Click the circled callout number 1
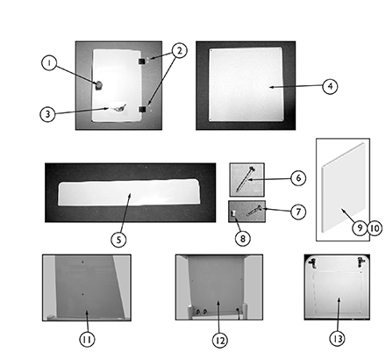coord(49,63)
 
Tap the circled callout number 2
coord(179,50)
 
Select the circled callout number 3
coord(47,114)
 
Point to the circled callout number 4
coord(330,86)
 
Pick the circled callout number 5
coord(118,240)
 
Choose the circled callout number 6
coord(298,177)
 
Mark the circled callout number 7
coord(298,212)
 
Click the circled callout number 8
coord(243,239)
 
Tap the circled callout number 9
coord(360,227)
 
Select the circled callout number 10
coord(375,227)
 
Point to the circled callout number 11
coord(87,339)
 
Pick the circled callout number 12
coord(219,340)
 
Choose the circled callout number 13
coord(337,339)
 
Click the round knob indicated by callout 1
coord(99,85)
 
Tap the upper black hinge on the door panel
coord(142,61)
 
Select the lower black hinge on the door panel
coord(142,109)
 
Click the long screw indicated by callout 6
coord(245,178)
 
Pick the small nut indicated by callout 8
coord(233,213)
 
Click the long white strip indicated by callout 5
coord(130,192)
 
